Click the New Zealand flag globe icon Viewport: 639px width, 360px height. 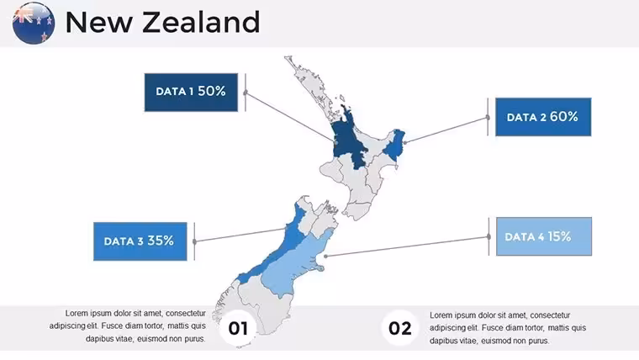point(34,23)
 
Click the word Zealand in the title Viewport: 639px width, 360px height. point(201,22)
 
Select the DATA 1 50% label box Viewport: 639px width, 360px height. point(191,93)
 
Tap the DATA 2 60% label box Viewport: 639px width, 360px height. point(543,117)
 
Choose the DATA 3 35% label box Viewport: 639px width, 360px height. point(140,241)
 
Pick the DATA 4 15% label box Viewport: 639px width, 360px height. point(544,236)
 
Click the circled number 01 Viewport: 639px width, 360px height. point(238,328)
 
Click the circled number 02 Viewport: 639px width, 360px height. point(399,328)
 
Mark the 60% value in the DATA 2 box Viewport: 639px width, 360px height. point(563,117)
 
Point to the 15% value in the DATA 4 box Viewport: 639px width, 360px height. point(559,236)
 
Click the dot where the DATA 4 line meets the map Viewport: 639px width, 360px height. point(325,256)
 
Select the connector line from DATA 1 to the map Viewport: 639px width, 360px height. point(290,117)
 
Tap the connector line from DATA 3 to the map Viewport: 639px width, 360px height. point(240,235)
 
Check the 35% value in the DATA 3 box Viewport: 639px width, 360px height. point(161,241)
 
